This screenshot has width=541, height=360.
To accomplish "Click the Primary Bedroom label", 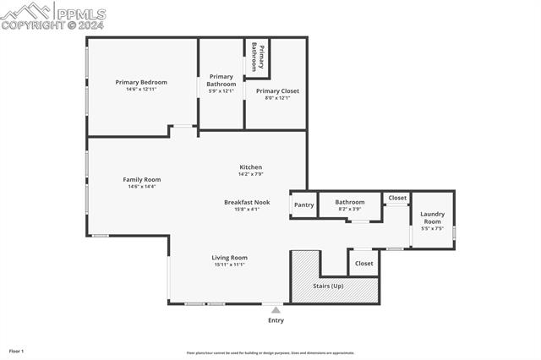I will click(141, 82).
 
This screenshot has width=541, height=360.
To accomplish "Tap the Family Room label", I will click(141, 179).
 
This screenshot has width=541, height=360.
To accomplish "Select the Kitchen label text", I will click(250, 167).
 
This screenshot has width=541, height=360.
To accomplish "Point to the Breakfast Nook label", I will click(247, 202).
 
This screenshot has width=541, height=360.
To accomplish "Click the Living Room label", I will click(229, 258).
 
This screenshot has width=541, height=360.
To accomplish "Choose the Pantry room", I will click(303, 205).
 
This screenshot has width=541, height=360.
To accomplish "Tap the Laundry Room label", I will click(432, 218).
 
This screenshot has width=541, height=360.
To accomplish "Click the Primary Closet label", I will click(277, 90).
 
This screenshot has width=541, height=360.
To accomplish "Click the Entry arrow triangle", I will click(276, 310).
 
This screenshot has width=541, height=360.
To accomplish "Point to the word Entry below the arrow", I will click(276, 320).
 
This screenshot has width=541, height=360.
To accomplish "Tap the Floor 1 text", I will click(16, 351).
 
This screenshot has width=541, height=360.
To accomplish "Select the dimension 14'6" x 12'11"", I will click(141, 90).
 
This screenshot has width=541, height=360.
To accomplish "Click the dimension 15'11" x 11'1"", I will click(229, 265).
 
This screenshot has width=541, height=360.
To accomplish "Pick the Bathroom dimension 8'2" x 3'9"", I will click(349, 210).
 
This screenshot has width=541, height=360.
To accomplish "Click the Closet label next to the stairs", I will click(363, 264).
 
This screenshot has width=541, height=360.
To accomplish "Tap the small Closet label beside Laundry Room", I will click(397, 198).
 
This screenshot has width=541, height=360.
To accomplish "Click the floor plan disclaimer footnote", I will click(270, 353).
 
